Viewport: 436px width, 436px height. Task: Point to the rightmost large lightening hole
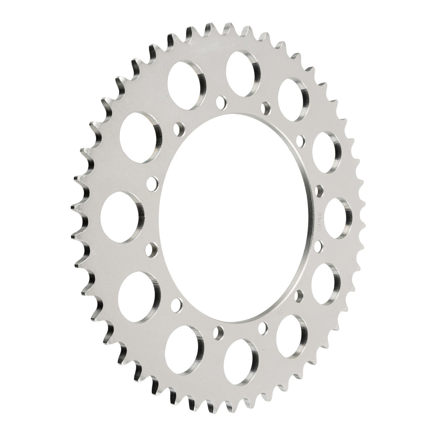pos(338,218)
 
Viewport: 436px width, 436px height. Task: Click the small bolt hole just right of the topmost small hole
pos(265,107)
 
